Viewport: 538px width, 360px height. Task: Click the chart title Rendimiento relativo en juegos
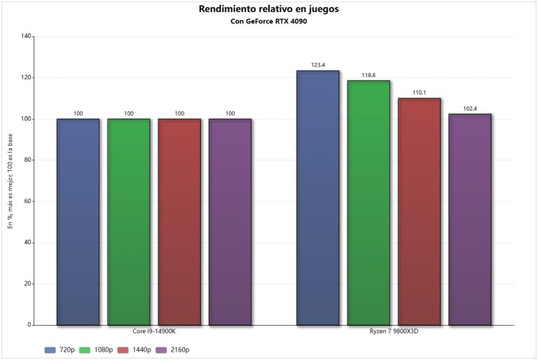click(x=268, y=9)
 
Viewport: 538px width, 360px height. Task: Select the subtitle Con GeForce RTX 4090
click(x=268, y=21)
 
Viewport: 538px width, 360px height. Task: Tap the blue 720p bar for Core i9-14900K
click(x=78, y=222)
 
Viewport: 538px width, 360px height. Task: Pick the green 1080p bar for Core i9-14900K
click(x=128, y=222)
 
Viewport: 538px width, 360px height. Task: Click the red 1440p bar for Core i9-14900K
click(x=179, y=222)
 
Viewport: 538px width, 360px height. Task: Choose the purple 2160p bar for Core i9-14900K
click(x=230, y=222)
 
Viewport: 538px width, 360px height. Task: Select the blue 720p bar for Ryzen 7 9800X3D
click(x=317, y=198)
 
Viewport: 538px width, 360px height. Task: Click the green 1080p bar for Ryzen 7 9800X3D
click(x=368, y=203)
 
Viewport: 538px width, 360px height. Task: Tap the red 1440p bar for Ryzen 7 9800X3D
click(x=419, y=212)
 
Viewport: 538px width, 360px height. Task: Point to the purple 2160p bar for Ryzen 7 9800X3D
click(x=470, y=219)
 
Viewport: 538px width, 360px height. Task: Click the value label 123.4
click(x=317, y=65)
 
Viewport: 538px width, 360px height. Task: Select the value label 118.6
click(x=368, y=75)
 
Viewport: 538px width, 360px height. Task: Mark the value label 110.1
click(x=419, y=92)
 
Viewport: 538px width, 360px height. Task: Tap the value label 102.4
click(x=470, y=109)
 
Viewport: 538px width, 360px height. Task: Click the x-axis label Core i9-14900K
click(x=154, y=331)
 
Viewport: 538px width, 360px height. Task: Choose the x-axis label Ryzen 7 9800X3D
click(x=394, y=331)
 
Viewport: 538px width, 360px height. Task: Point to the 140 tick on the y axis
click(x=27, y=36)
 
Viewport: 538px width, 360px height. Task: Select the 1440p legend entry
click(x=135, y=349)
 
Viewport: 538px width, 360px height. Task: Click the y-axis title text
click(x=10, y=181)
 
